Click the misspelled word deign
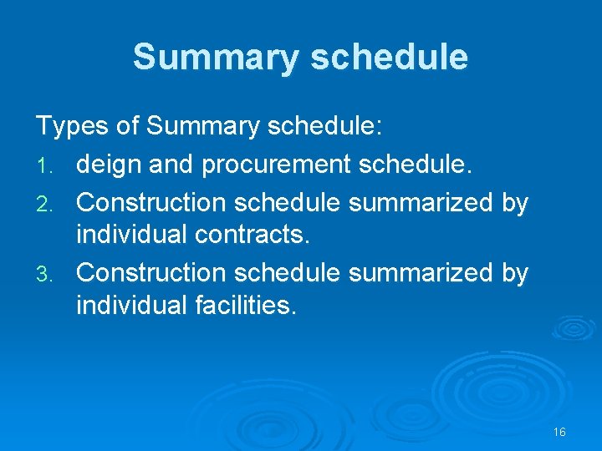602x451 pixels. (102, 164)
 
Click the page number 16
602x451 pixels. (559, 432)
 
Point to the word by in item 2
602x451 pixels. (514, 204)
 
